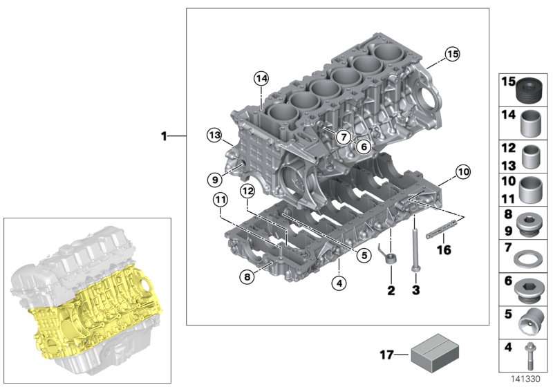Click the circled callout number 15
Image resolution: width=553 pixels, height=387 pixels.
pyautogui.click(x=451, y=53)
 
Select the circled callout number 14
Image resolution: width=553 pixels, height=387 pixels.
pyautogui.click(x=260, y=78)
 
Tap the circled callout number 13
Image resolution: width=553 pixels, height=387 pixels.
pyautogui.click(x=214, y=133)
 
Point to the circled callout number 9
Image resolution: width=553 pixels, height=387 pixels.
pyautogui.click(x=214, y=180)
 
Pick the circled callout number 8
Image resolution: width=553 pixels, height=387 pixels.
pyautogui.click(x=247, y=277)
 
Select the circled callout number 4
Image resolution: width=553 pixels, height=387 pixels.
pyautogui.click(x=339, y=282)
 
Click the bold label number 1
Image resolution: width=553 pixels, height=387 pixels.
pyautogui.click(x=164, y=137)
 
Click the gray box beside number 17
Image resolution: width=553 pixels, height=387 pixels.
pyautogui.click(x=433, y=355)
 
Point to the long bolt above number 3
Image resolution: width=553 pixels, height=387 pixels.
pyautogui.click(x=415, y=245)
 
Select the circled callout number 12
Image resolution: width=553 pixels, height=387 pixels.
pyautogui.click(x=247, y=191)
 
